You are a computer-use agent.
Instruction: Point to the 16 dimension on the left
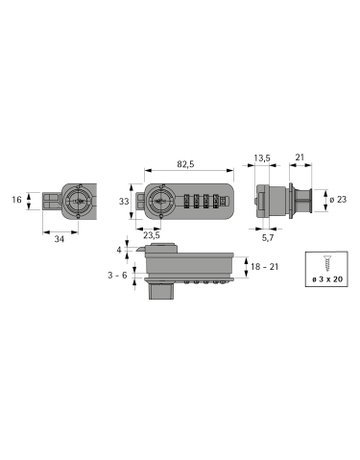[x=17, y=200]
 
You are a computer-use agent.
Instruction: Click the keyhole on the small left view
[x=78, y=201]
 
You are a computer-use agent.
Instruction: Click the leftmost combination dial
[x=184, y=200]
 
